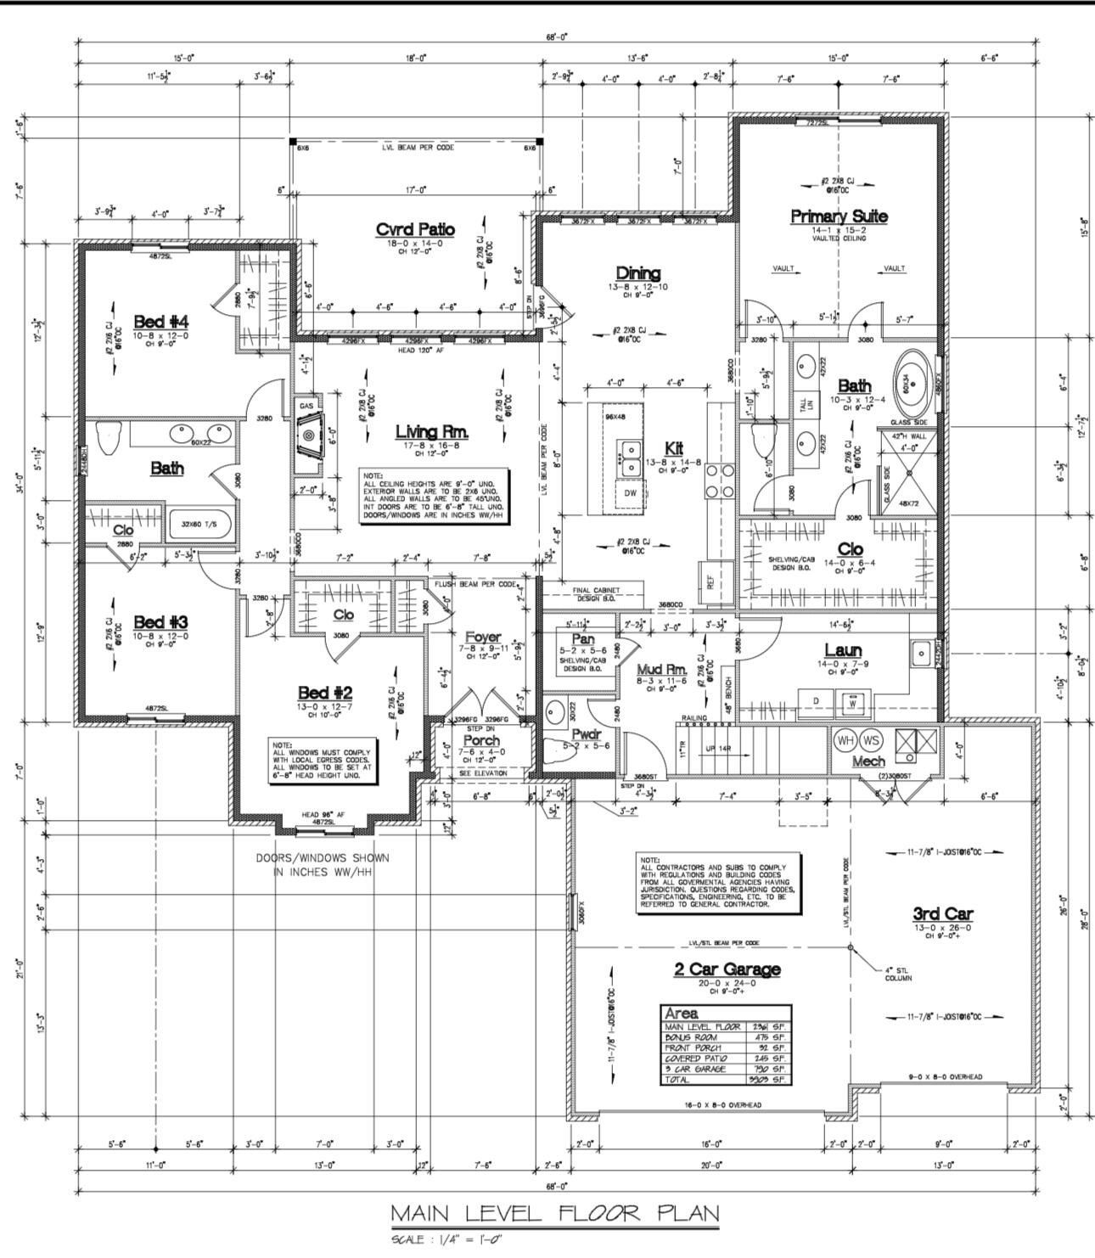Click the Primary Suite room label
(x=839, y=216)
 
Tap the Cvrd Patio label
(x=415, y=230)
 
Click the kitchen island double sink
(x=630, y=458)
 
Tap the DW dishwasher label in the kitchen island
(x=630, y=493)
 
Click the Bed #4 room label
(x=160, y=322)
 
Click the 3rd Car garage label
(x=942, y=914)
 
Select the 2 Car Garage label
(x=727, y=969)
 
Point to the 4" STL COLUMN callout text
(x=897, y=974)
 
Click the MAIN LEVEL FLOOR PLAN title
(x=554, y=1213)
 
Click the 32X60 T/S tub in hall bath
(x=197, y=525)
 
